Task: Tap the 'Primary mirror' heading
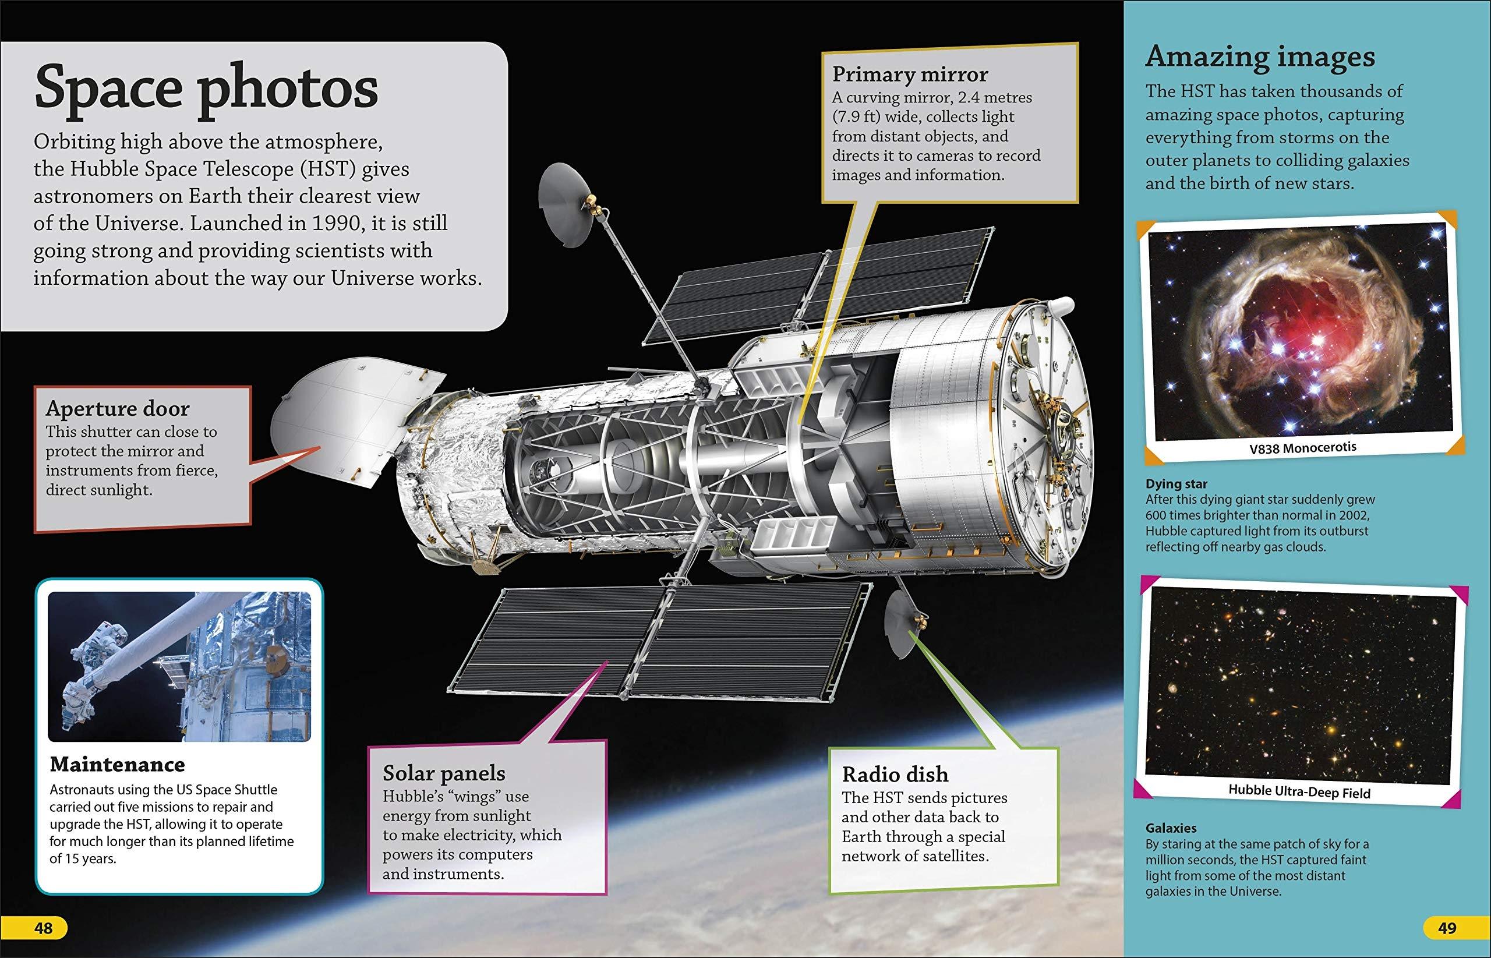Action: pos(910,75)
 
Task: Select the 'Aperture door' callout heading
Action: pos(118,408)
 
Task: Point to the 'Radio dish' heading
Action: pos(895,774)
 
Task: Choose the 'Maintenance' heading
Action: pos(118,764)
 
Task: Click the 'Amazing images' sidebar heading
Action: pos(1260,57)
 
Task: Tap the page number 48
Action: pos(44,928)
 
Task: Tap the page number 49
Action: pos(1447,928)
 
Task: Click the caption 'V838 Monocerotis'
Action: pos(1302,447)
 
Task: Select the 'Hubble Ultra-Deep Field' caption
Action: pos(1299,792)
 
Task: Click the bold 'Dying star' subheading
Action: pos(1177,483)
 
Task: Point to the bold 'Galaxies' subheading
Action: pos(1171,828)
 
